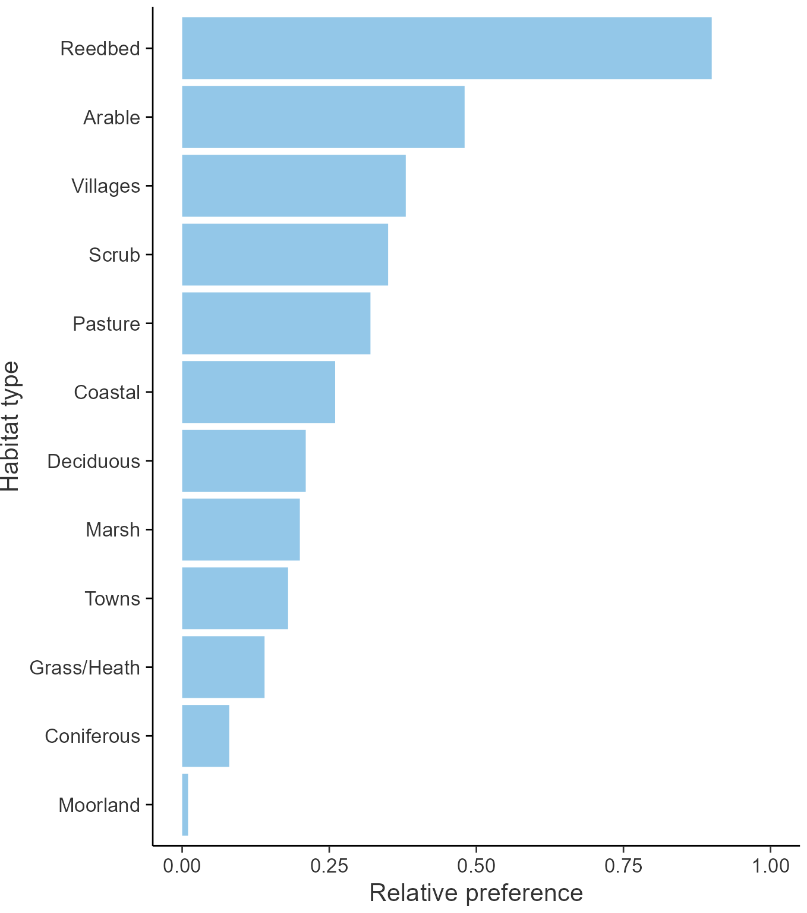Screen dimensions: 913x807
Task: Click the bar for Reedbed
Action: click(446, 48)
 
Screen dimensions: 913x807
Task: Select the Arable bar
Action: click(323, 117)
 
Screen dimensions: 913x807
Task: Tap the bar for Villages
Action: click(294, 186)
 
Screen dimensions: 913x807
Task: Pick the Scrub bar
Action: click(285, 255)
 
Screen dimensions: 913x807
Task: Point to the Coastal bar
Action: click(258, 392)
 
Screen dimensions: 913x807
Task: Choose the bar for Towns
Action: click(235, 598)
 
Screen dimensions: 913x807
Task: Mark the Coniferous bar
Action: click(205, 736)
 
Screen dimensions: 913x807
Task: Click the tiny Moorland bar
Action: click(185, 805)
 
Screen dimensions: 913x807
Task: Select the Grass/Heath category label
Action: click(84, 667)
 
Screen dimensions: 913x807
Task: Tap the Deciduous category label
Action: click(93, 461)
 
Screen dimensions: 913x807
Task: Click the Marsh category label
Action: click(112, 529)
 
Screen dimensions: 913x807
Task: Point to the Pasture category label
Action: click(106, 324)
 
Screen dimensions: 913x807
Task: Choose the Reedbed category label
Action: click(100, 48)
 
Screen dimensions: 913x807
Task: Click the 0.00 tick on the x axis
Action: click(182, 865)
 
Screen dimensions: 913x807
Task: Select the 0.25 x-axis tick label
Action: click(329, 865)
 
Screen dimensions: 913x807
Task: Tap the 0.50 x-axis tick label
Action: click(476, 865)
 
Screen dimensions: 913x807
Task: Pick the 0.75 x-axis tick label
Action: click(623, 865)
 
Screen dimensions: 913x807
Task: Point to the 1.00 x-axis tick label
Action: click(770, 865)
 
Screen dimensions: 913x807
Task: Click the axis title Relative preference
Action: click(476, 893)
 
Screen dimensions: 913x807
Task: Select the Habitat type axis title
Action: click(11, 426)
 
